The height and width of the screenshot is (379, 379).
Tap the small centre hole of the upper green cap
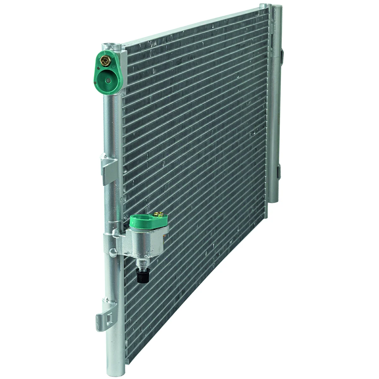[108, 81]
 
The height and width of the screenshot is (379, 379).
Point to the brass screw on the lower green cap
[159, 215]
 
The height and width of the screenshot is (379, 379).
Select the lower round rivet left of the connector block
[112, 252]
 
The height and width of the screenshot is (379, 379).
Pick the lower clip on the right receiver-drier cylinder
[278, 171]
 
